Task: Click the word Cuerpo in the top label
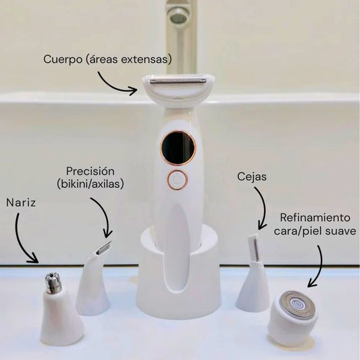tap(63, 59)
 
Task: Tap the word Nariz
tap(21, 203)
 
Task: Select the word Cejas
tap(252, 177)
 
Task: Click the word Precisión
tap(91, 172)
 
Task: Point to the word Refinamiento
tap(315, 217)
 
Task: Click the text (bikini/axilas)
tap(91, 184)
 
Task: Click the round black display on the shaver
tap(178, 147)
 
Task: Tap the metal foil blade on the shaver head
tap(178, 80)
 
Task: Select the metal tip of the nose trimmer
tap(53, 283)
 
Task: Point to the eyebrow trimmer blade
tap(254, 247)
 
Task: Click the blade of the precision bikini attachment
tap(103, 248)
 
